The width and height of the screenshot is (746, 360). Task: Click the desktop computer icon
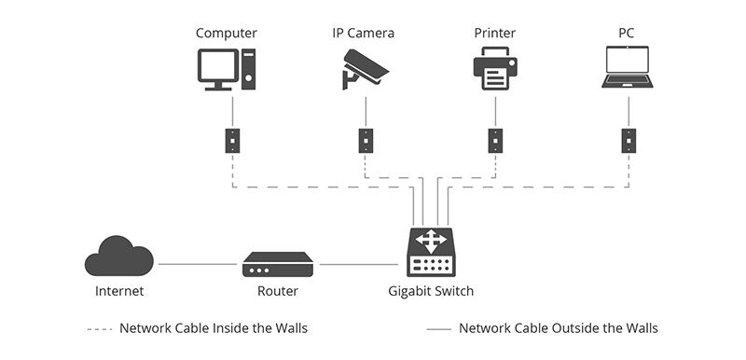(227, 70)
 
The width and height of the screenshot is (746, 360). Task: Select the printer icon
(494, 70)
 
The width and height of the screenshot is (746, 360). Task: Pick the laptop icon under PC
(628, 71)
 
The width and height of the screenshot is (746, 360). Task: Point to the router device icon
(277, 264)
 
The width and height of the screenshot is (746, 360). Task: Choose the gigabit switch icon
(431, 253)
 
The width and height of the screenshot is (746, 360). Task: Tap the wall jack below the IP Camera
(366, 140)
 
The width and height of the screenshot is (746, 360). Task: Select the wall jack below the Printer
(495, 140)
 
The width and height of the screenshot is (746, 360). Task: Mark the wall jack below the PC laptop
(629, 140)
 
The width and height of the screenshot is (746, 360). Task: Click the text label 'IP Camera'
(364, 34)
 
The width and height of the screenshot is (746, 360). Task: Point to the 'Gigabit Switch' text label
(431, 291)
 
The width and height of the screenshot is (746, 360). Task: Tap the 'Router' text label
(277, 291)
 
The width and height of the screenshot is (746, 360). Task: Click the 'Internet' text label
(119, 291)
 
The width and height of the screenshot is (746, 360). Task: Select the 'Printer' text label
(494, 34)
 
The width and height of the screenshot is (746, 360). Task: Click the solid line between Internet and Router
(197, 264)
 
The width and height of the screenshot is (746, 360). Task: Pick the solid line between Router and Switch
(358, 264)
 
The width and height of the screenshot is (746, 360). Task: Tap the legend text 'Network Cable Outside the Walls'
(558, 328)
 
